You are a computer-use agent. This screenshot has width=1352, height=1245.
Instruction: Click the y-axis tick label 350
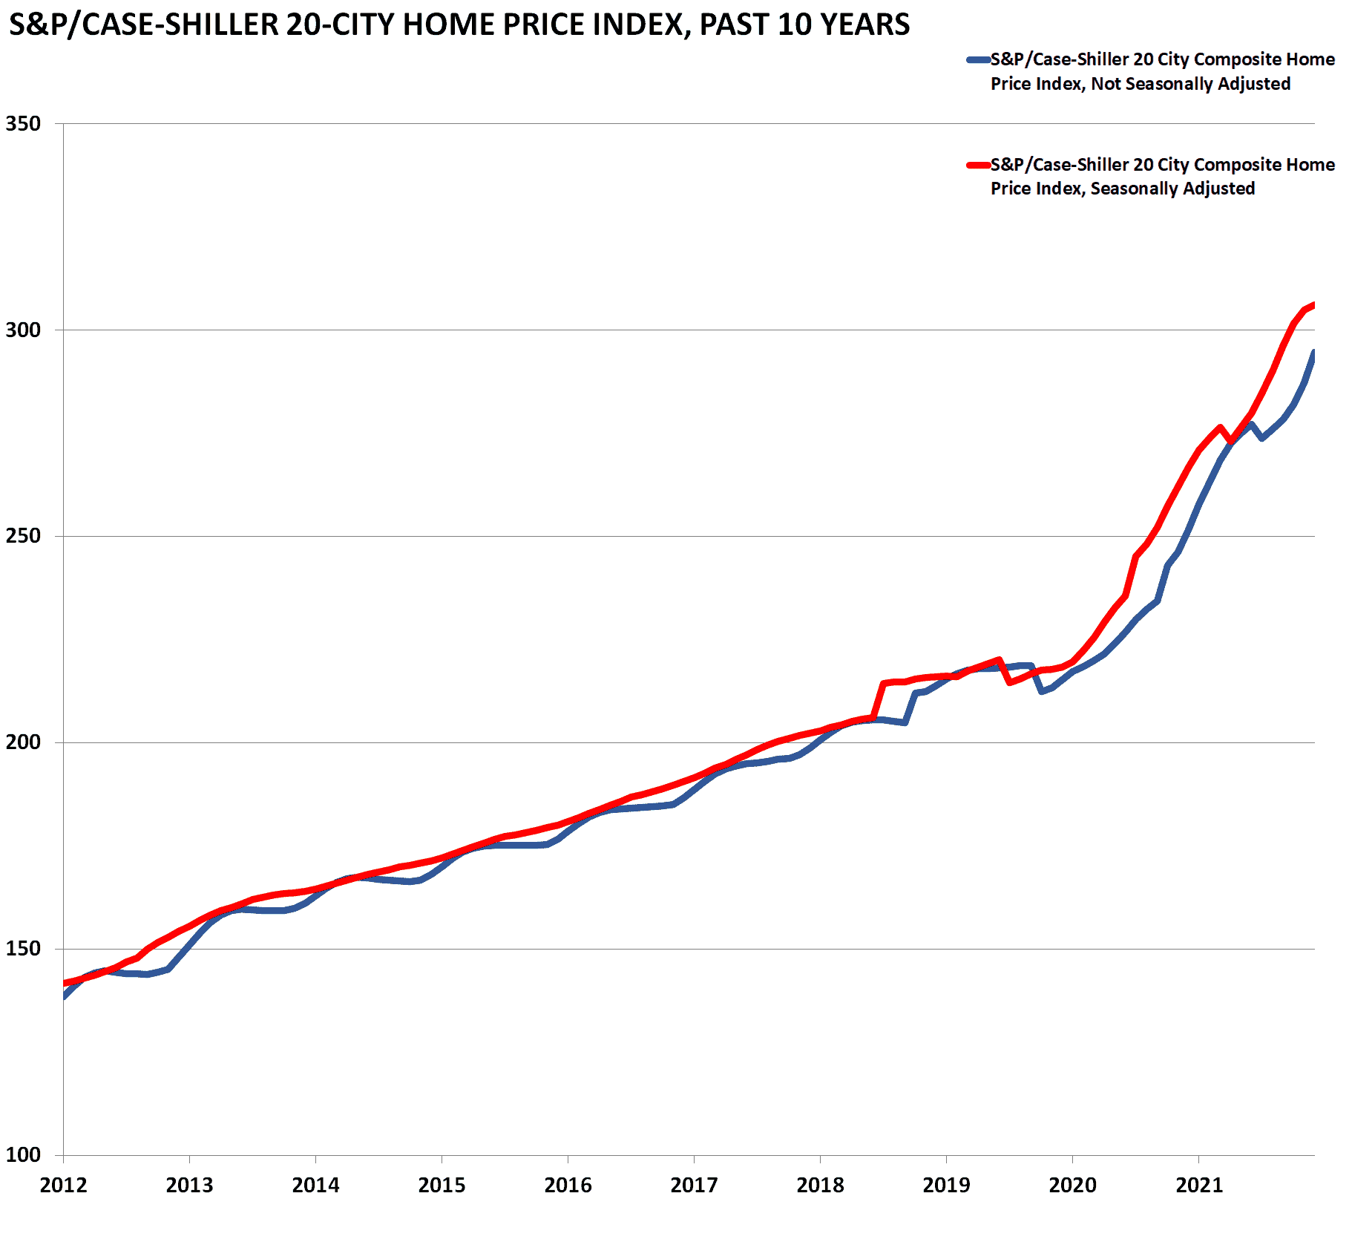click(x=23, y=123)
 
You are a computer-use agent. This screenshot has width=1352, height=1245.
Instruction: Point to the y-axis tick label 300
click(x=23, y=330)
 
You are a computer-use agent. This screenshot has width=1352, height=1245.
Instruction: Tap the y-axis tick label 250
click(x=23, y=536)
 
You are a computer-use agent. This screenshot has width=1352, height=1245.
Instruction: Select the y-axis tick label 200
click(x=23, y=742)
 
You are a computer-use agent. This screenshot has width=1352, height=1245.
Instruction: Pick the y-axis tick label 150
click(x=23, y=949)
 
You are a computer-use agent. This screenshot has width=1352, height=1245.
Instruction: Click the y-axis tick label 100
click(x=23, y=1155)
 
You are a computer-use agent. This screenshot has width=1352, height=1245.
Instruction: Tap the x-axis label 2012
click(x=63, y=1185)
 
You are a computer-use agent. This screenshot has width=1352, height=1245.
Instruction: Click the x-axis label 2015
click(x=442, y=1185)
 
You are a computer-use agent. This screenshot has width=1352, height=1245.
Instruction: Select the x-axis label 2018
click(x=820, y=1185)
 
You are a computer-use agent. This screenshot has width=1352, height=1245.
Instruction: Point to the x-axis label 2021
click(x=1198, y=1185)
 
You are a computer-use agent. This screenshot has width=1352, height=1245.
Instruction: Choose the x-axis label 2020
click(x=1072, y=1185)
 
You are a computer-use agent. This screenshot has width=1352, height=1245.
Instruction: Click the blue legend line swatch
click(x=978, y=59)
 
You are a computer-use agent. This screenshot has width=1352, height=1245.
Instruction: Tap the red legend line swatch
click(x=978, y=165)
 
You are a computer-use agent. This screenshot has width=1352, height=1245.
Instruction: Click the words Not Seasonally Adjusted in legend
click(x=1190, y=84)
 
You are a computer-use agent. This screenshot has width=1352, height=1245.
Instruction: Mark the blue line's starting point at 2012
click(x=65, y=996)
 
